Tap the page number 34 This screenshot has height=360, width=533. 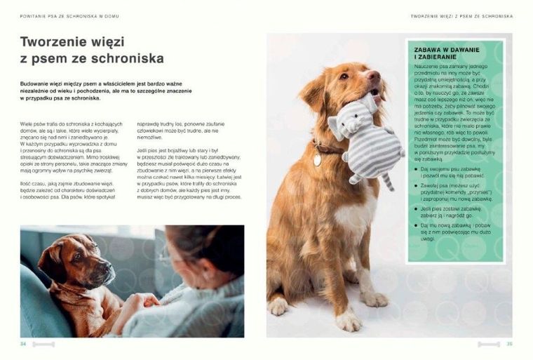(x=23, y=344)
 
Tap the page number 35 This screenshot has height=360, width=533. (x=510, y=344)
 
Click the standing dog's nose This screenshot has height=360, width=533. (x=373, y=75)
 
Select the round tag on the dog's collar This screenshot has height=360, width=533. (x=317, y=159)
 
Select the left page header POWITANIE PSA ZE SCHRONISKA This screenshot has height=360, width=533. (x=65, y=15)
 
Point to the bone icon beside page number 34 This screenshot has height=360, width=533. (x=43, y=344)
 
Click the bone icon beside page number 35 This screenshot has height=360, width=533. (x=489, y=344)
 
